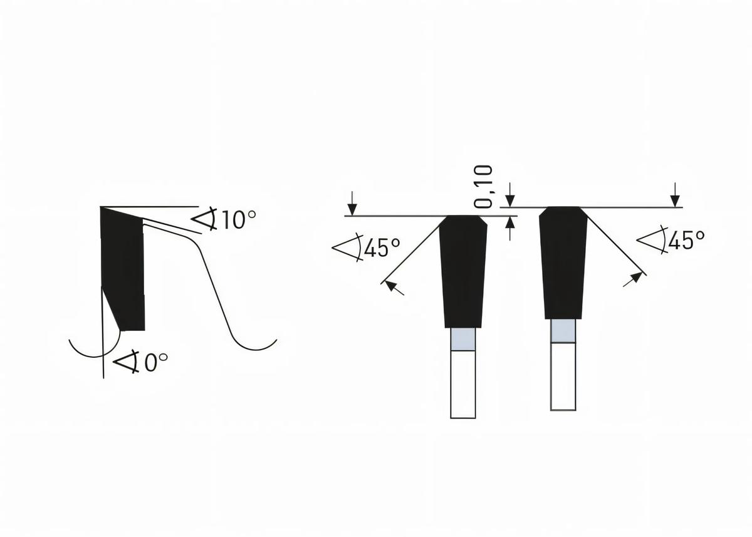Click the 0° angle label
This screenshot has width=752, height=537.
click(156, 363)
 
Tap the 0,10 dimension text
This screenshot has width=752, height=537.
click(483, 186)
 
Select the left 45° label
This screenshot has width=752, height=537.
click(382, 248)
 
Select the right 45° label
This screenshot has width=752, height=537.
click(686, 240)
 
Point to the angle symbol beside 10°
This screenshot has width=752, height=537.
click(204, 219)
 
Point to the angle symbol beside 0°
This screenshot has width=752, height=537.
click(127, 362)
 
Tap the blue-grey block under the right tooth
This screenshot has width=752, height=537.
click(563, 331)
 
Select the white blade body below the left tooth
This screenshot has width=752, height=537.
click(463, 383)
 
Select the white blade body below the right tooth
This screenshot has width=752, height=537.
click(563, 376)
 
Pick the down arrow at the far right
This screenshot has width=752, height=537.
click(675, 198)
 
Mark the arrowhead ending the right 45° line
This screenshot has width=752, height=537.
click(636, 277)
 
